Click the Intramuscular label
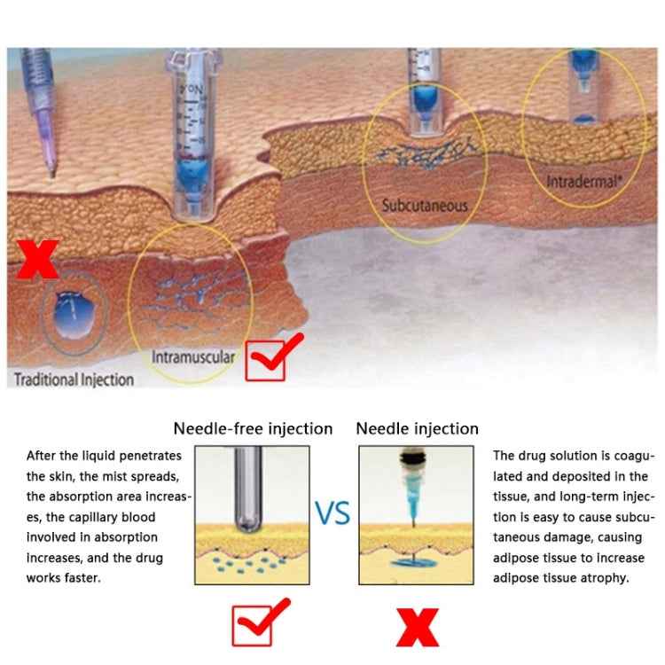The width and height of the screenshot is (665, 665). [x=193, y=357]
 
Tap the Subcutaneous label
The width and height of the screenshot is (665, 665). [x=425, y=206]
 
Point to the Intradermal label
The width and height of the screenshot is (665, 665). [x=583, y=182]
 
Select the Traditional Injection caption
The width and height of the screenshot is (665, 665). [x=74, y=379]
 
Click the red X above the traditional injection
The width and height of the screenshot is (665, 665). [x=37, y=259]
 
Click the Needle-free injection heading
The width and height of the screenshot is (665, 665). [x=253, y=429]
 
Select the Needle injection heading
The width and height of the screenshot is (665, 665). [x=418, y=429]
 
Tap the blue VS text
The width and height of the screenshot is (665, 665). [x=332, y=512]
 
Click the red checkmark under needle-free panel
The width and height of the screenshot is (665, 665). [x=260, y=622]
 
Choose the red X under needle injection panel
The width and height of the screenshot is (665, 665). [x=418, y=627]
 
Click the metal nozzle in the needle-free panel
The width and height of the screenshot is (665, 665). [x=248, y=489]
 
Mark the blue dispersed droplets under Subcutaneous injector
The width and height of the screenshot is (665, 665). [x=426, y=153]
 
